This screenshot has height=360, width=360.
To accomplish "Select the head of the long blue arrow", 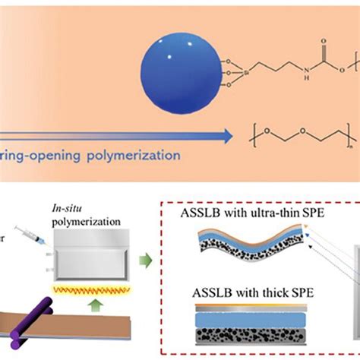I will click(231, 137).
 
